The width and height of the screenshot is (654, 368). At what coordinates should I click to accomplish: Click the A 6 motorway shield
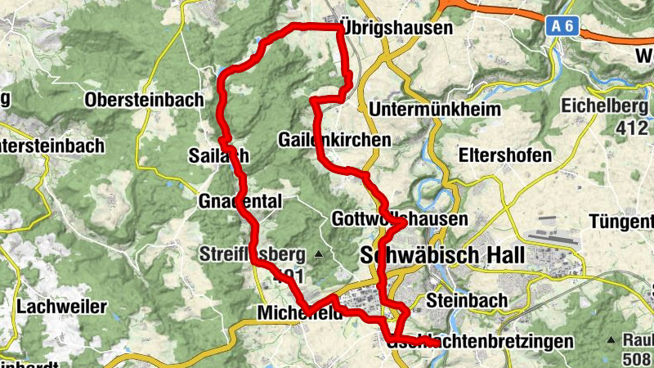[x=562, y=26]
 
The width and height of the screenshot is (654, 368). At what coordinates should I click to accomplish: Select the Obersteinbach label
[x=143, y=100]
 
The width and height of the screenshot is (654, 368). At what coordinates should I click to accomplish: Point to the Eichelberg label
[x=603, y=106]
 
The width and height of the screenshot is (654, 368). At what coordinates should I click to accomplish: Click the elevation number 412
[x=632, y=128]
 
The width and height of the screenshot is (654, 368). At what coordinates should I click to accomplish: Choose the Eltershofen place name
[x=504, y=155]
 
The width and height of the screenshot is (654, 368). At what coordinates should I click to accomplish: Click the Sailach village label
[x=218, y=155]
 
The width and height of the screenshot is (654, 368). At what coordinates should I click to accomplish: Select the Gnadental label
[x=240, y=201]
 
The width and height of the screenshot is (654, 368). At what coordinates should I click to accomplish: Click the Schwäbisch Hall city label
[x=441, y=256]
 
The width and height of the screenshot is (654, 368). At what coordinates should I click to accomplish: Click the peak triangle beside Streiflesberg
[x=319, y=255]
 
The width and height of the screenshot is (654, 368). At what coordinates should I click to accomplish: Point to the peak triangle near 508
[x=610, y=339]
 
